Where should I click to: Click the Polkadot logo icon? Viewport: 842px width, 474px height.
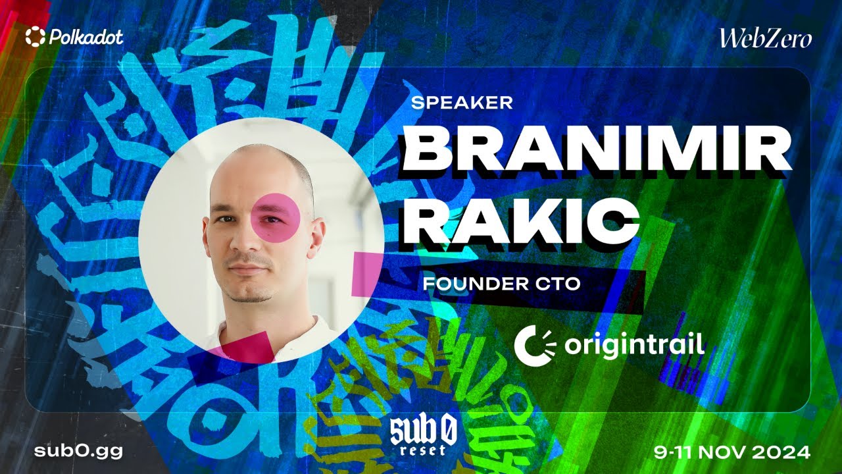pos(35,37)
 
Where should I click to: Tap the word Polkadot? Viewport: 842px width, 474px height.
pos(86,38)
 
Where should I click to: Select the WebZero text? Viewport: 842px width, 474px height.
pos(765,39)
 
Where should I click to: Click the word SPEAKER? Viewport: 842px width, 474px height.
pos(461,103)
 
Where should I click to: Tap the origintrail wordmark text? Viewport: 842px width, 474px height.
pos(625,344)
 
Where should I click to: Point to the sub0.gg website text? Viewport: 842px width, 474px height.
pos(79,452)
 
